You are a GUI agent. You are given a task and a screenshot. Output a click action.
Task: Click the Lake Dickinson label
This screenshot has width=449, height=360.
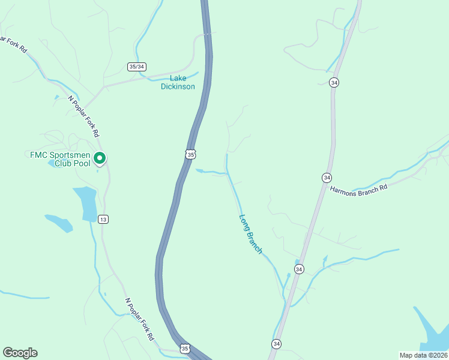178,82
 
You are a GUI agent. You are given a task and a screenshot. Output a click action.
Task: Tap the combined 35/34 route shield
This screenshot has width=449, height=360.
137,67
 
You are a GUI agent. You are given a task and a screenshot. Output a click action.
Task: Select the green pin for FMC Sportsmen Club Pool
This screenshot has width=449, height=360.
100,158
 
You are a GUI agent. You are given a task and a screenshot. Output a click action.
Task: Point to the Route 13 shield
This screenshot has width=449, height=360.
104,219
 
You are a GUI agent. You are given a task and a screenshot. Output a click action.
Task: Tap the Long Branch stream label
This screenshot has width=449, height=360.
250,234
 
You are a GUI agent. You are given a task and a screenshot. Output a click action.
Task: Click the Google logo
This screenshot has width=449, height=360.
20,353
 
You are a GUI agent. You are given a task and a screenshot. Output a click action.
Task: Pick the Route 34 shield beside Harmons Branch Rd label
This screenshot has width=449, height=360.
327,178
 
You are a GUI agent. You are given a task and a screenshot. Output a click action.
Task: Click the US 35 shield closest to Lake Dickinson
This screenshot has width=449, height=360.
190,154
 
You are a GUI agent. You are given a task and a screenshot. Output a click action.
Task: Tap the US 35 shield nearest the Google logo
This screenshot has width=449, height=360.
185,349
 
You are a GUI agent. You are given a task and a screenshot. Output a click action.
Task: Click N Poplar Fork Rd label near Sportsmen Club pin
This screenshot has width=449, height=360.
83,116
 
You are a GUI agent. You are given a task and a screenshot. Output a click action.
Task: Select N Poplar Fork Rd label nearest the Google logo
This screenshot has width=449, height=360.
139,317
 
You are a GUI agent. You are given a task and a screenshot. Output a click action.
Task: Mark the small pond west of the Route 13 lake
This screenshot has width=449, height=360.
59,223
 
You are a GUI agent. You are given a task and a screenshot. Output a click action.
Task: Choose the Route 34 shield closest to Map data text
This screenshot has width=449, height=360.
276,344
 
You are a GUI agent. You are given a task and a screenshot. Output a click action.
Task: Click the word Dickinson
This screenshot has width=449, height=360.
178,86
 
